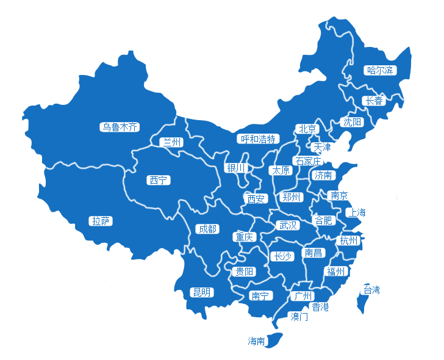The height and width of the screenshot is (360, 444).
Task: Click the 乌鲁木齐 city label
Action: point(120,128)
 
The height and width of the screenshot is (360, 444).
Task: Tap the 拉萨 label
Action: point(101,221)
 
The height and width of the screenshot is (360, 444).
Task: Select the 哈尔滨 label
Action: point(380,70)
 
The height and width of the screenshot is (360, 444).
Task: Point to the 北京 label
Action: point(306,129)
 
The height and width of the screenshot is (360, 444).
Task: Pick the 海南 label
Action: point(256,341)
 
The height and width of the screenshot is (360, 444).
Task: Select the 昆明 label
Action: point(201,292)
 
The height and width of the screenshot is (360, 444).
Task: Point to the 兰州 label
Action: point(171,142)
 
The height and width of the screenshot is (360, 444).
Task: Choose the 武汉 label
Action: point(288,225)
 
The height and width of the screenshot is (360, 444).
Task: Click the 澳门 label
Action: point(299,317)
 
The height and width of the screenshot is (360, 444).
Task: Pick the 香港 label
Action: point(320,307)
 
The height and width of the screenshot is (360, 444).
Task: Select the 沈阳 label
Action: point(352,122)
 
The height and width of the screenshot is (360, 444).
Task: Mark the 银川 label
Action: point(235,168)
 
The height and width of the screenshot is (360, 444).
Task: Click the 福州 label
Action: point(335,272)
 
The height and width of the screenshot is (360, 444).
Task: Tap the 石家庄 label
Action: point(307,161)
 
